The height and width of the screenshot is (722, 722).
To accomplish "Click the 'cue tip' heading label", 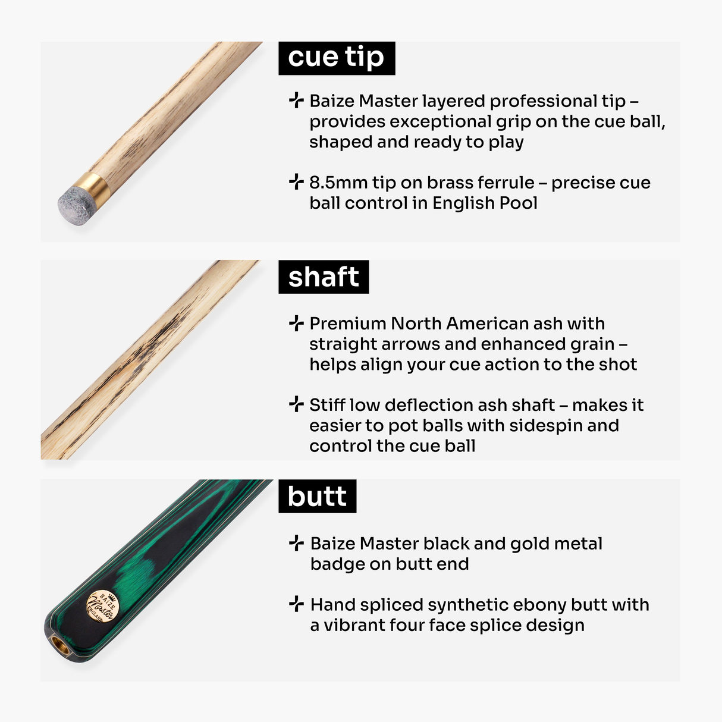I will [336, 58].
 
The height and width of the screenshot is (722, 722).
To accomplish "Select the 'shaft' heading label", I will [324, 277].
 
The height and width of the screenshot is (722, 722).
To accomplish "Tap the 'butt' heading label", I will [317, 496].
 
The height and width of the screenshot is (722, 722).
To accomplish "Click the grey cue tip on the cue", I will [73, 204].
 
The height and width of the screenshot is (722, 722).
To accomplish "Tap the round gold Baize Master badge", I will [103, 607].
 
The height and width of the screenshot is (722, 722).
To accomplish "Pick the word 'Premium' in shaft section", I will [348, 324].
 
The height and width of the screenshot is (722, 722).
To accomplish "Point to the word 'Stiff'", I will [327, 405].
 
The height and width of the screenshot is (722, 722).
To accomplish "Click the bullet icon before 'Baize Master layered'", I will [296, 101].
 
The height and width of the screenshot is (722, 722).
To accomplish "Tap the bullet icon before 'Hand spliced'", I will [296, 604].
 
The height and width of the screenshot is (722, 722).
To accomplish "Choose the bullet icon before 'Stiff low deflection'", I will [296, 404].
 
